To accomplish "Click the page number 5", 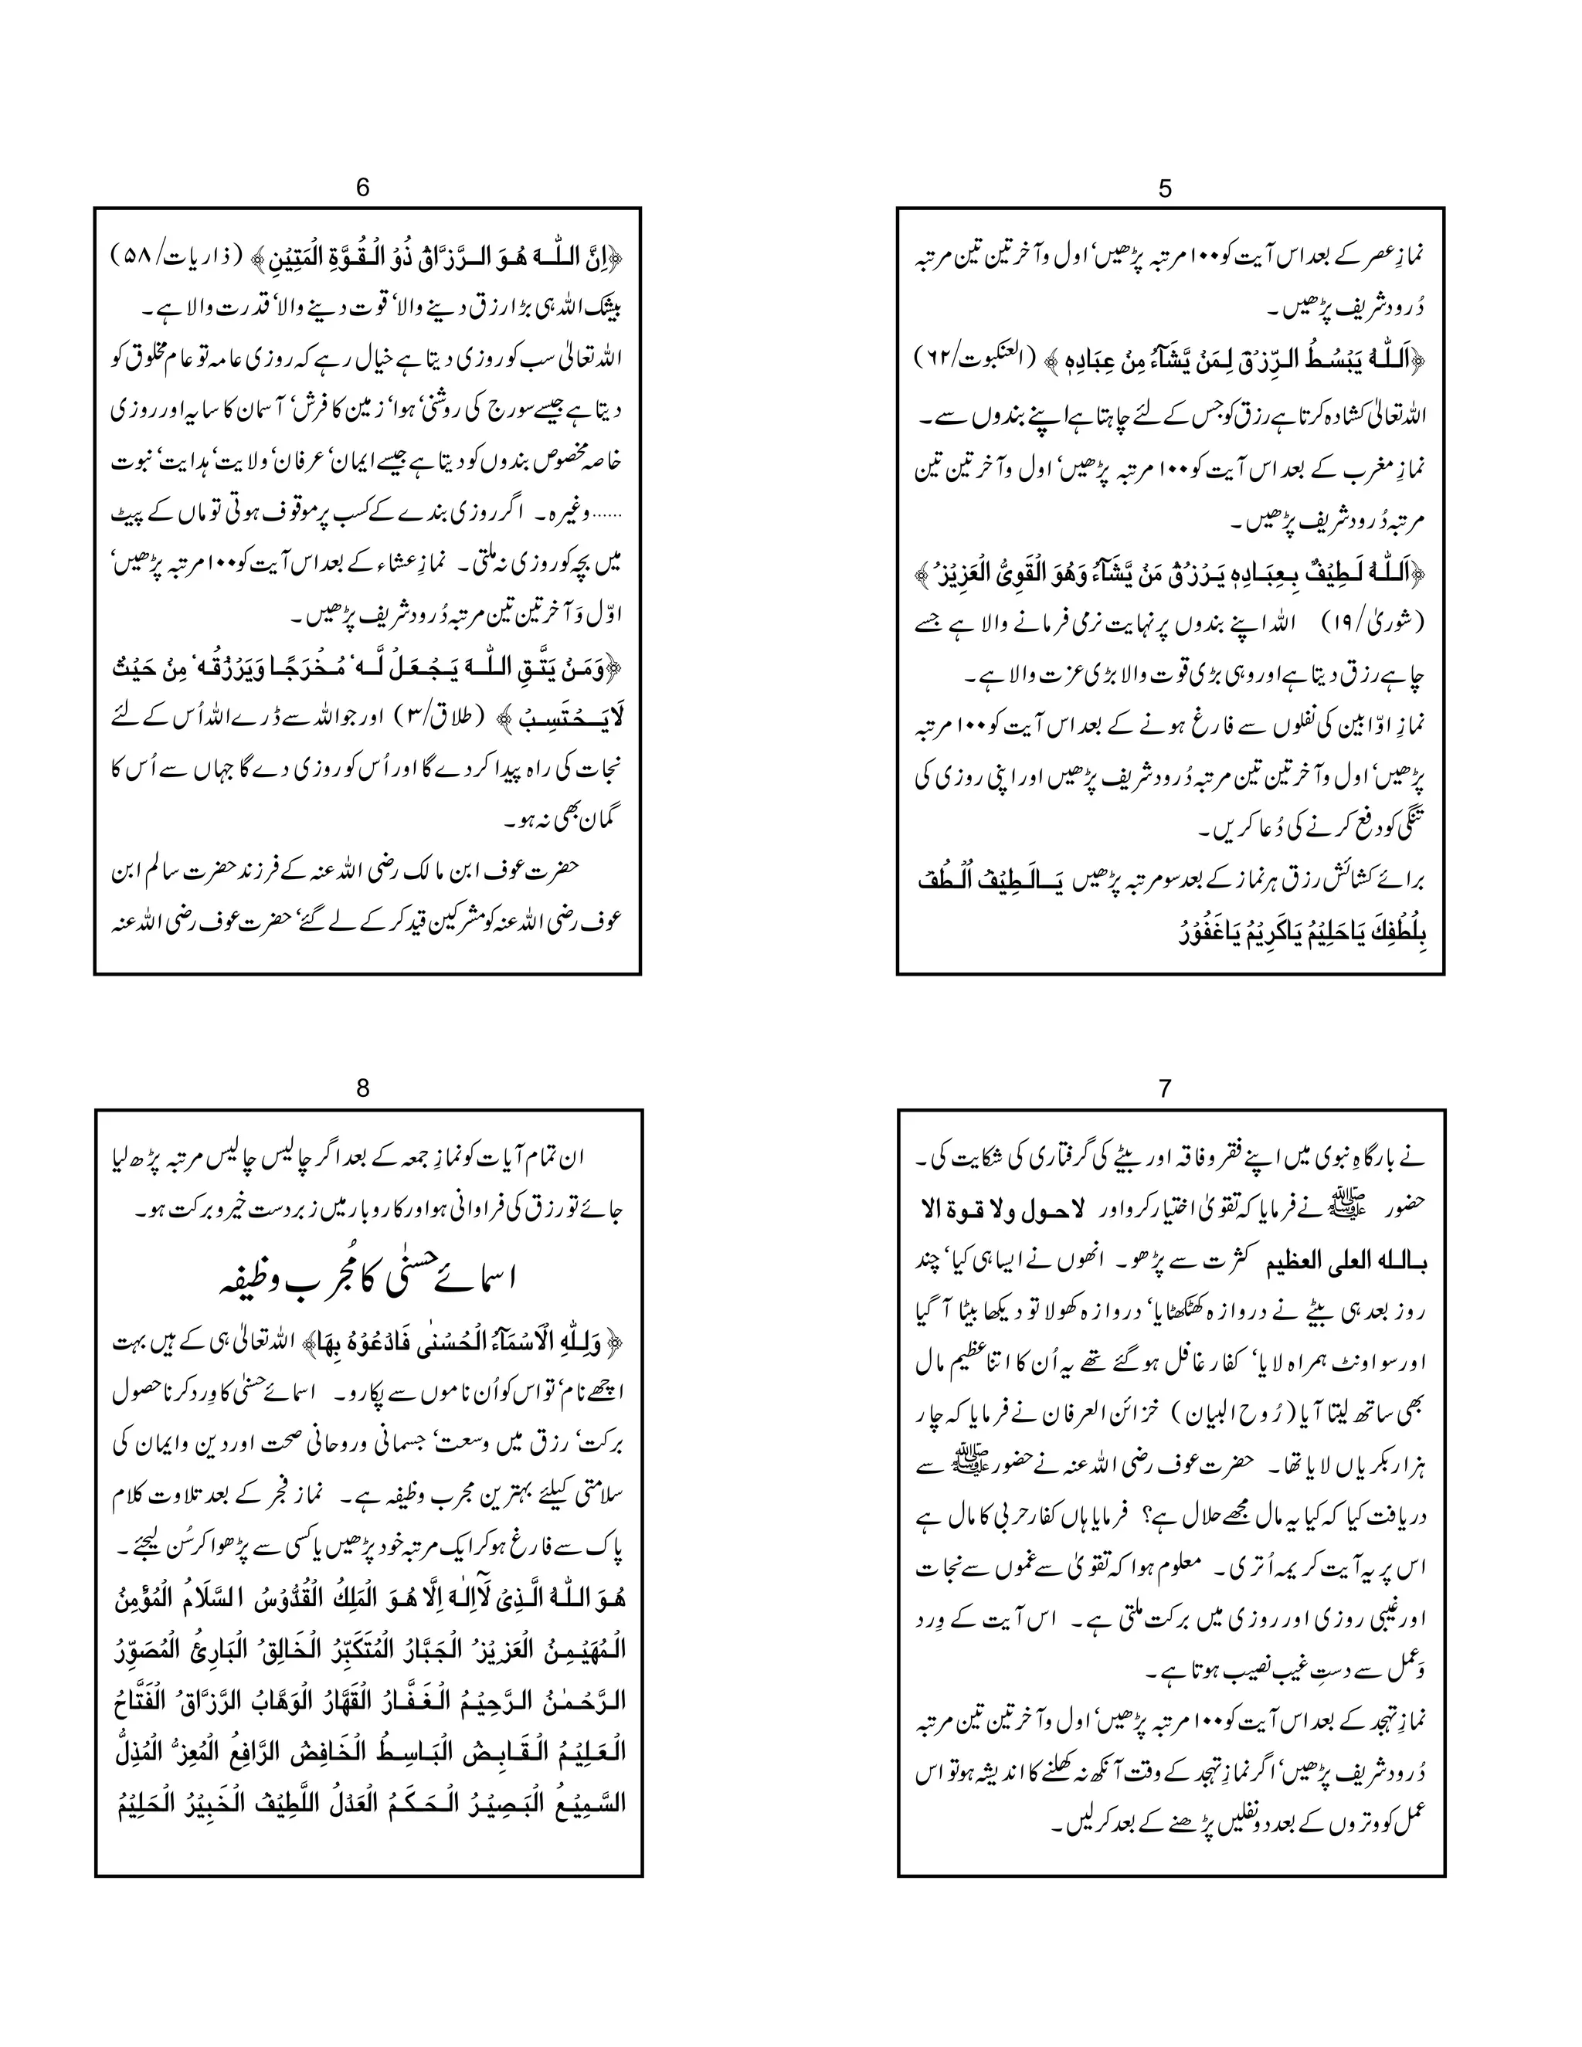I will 1164,189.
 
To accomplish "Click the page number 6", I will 363,188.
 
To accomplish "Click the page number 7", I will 1165,1088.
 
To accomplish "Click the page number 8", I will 363,1088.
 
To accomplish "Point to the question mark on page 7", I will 1126,1516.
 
